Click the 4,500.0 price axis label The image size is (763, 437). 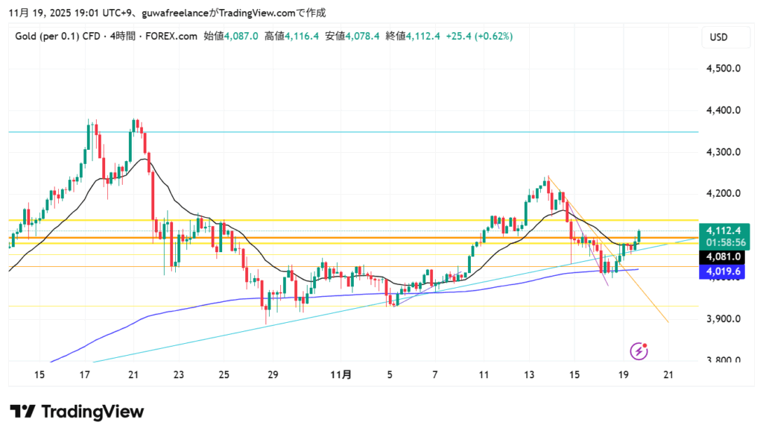(723, 69)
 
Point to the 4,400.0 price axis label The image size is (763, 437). (723, 110)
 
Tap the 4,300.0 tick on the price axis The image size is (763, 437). (723, 152)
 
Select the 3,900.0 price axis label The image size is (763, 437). (723, 319)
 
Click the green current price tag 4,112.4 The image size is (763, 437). (723, 230)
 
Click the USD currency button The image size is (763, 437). (719, 37)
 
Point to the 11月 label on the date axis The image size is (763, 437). (341, 374)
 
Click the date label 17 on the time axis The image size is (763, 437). (85, 374)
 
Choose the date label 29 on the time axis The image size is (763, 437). (272, 374)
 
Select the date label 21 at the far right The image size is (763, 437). (668, 374)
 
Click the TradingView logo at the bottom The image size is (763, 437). (77, 412)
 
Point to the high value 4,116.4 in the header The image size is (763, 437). (303, 36)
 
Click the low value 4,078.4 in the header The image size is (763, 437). (363, 36)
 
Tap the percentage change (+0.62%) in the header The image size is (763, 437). (492, 36)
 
